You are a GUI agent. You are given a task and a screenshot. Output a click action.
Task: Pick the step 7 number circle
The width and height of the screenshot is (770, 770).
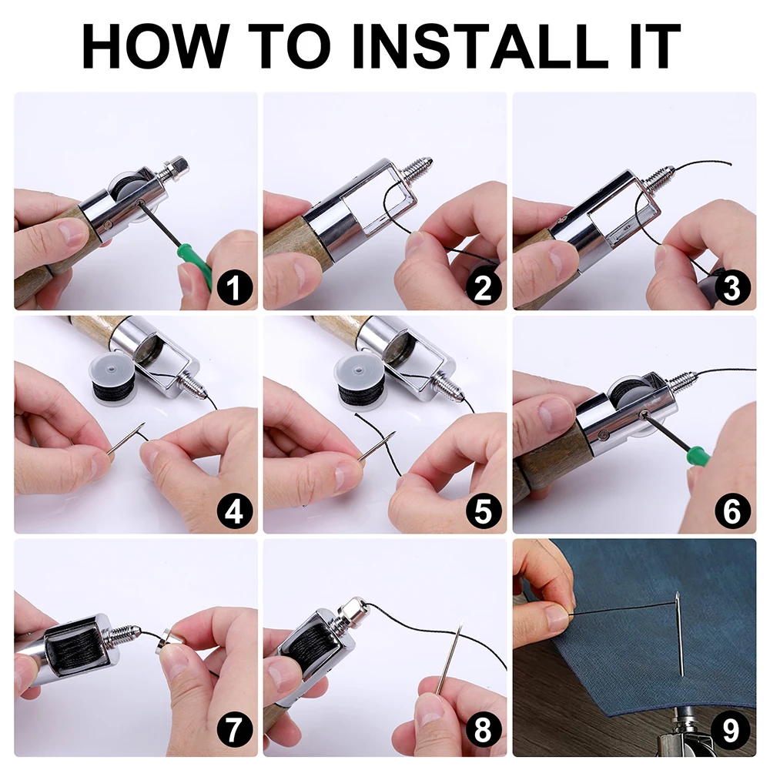(234, 730)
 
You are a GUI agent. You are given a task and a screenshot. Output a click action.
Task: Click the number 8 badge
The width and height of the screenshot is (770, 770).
(484, 730)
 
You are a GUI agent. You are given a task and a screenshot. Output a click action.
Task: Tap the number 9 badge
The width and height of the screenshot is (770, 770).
(732, 730)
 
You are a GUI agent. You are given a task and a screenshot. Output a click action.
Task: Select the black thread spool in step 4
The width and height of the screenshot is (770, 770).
(112, 378)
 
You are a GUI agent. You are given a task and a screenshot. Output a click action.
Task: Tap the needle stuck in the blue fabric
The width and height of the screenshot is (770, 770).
(678, 633)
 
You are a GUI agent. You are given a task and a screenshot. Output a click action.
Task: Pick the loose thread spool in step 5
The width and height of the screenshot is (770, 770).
(361, 378)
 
